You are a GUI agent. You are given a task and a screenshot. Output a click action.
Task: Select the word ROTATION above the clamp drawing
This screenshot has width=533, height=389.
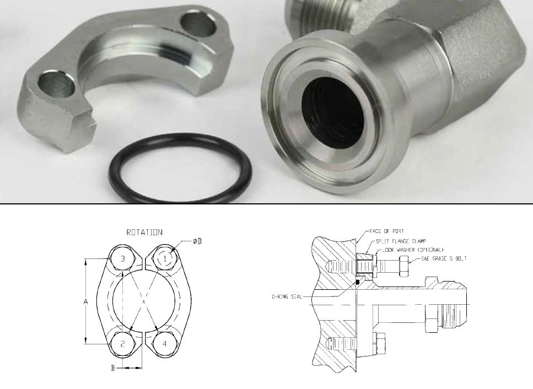tap(144, 232)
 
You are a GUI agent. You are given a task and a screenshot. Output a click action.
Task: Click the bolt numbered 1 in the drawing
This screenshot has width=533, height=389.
tap(165, 258)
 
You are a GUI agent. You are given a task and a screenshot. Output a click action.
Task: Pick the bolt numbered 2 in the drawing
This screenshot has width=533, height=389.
tap(123, 343)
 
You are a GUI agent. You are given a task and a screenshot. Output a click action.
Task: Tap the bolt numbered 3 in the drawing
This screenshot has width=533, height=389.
tap(123, 258)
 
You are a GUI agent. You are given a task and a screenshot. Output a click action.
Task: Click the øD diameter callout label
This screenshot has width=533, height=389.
tap(198, 242)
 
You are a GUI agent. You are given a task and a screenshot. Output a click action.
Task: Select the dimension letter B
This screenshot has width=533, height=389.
tap(113, 369)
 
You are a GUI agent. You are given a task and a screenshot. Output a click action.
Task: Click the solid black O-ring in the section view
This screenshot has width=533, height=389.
tap(357, 282)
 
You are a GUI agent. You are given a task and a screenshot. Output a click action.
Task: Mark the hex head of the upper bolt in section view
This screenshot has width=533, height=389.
tap(401, 268)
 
